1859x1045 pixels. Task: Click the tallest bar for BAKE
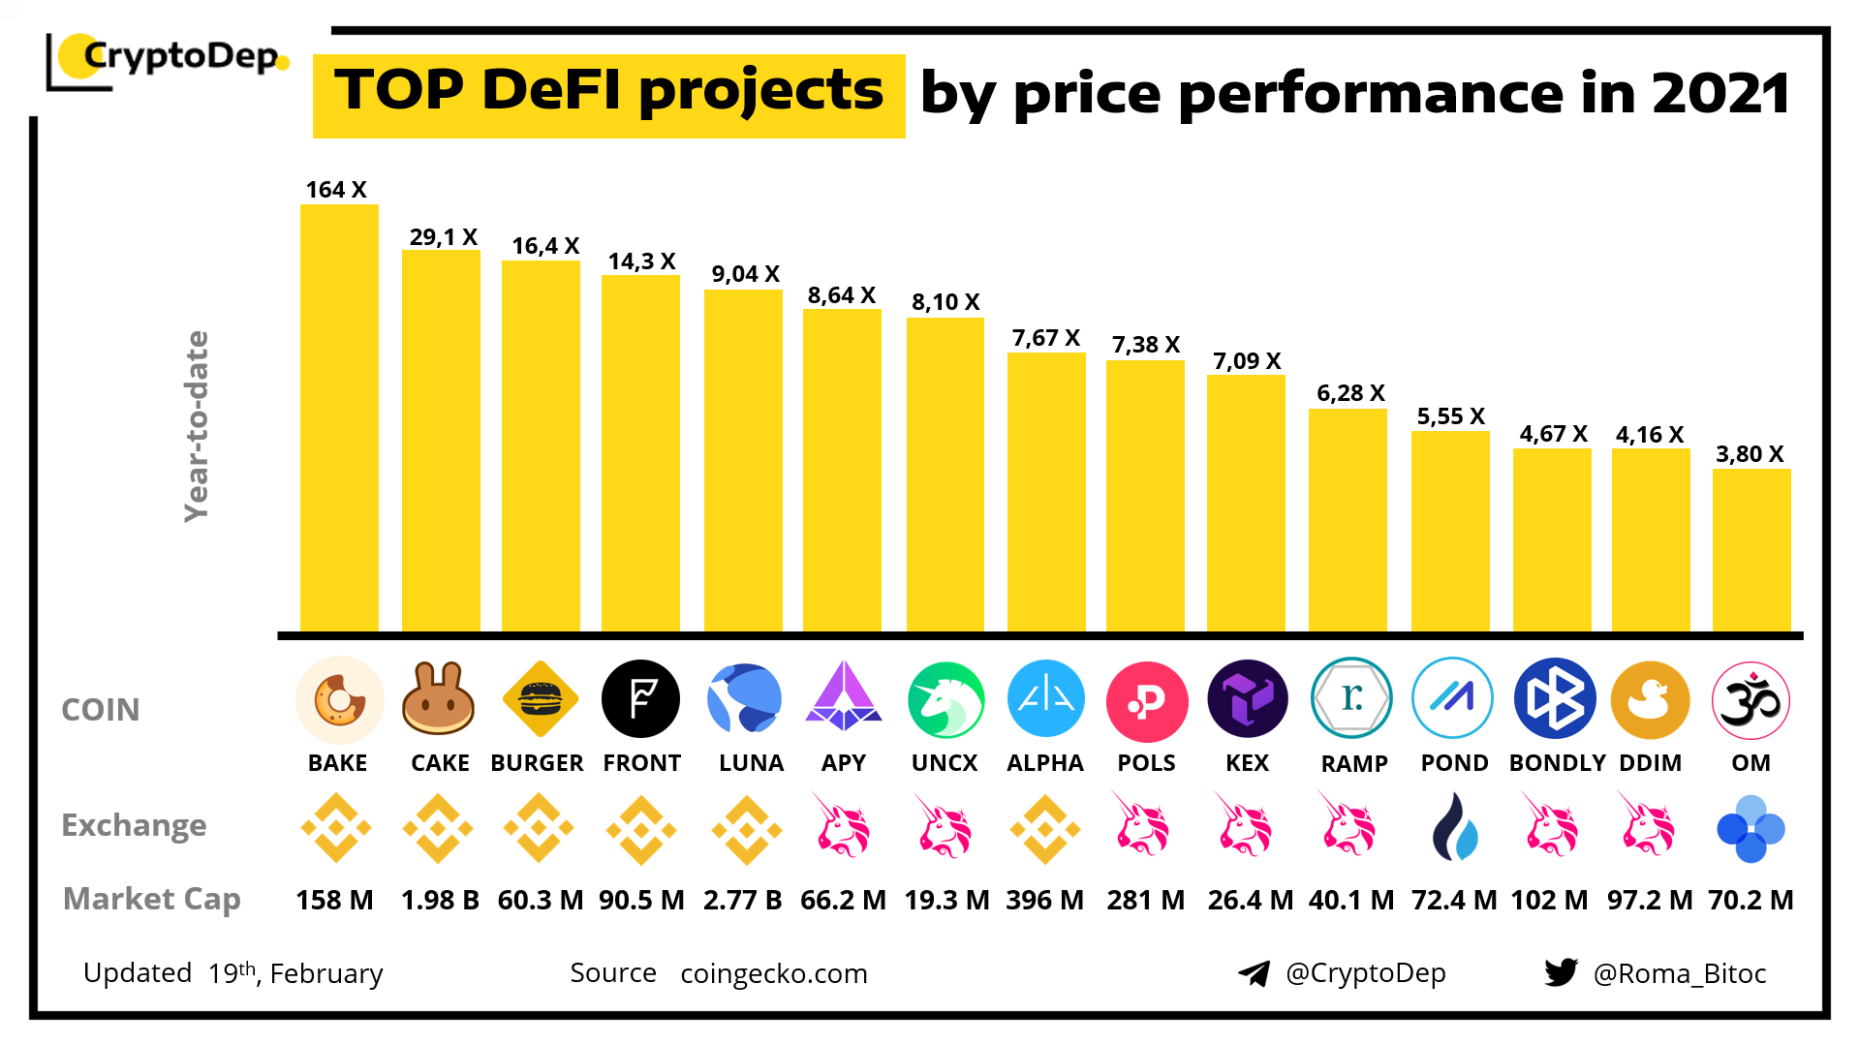pyautogui.click(x=339, y=418)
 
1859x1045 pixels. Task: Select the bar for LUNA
pyautogui.click(x=743, y=461)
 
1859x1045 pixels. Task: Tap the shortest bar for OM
pyautogui.click(x=1751, y=550)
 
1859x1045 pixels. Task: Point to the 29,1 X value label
pyautogui.click(x=444, y=237)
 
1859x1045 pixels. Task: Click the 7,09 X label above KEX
pyautogui.click(x=1247, y=361)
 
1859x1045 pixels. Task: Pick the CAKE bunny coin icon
pyautogui.click(x=439, y=698)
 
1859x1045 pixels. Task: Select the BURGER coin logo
pyautogui.click(x=540, y=698)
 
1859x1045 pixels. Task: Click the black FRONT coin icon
pyautogui.click(x=640, y=698)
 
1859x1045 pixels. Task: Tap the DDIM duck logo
pyautogui.click(x=1650, y=699)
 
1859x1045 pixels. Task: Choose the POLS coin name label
pyautogui.click(x=1146, y=763)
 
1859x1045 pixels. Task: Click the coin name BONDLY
pyautogui.click(x=1557, y=763)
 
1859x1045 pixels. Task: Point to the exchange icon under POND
pyautogui.click(x=1454, y=828)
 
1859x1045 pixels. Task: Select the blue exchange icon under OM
pyautogui.click(x=1751, y=829)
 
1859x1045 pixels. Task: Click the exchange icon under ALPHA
pyautogui.click(x=1044, y=829)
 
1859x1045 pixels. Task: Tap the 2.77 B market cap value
pyautogui.click(x=742, y=900)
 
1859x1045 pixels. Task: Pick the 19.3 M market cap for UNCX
pyautogui.click(x=946, y=900)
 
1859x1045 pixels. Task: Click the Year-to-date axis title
pyautogui.click(x=197, y=426)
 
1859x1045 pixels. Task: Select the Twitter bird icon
pyautogui.click(x=1561, y=972)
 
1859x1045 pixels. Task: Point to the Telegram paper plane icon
pyautogui.click(x=1255, y=973)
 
